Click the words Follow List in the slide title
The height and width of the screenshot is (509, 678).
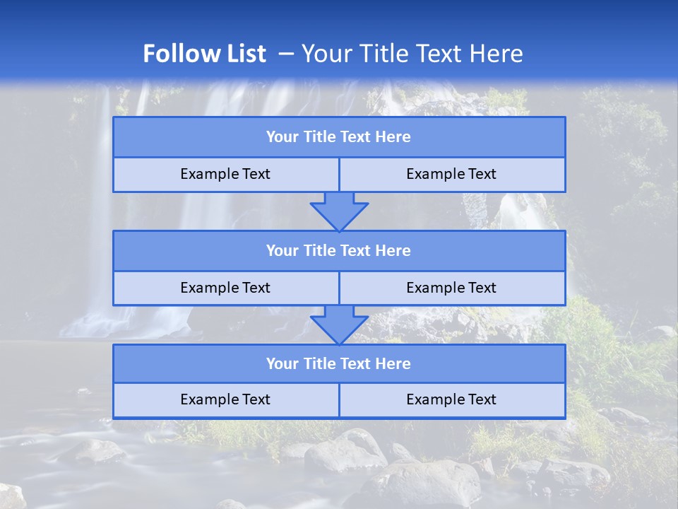204,54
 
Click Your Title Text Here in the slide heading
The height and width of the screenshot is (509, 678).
412,54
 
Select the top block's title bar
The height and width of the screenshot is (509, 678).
339,137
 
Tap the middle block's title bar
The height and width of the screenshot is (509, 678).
339,251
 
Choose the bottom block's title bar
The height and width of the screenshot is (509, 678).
339,364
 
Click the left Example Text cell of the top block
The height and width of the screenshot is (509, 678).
225,175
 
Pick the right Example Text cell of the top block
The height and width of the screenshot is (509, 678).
452,175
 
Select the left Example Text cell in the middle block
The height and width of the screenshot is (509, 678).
225,288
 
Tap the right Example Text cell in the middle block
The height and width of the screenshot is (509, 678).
452,288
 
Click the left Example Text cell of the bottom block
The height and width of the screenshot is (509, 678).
225,400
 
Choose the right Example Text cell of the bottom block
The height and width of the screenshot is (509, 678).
452,400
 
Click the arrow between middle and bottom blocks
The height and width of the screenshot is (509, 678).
339,324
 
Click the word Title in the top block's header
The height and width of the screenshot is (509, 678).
319,137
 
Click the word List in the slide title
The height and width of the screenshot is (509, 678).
246,54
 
